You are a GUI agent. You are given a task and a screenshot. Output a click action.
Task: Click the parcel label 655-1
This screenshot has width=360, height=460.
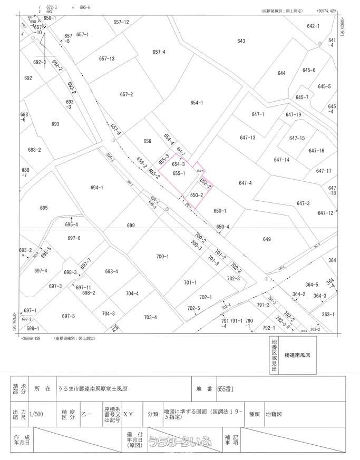(178, 173)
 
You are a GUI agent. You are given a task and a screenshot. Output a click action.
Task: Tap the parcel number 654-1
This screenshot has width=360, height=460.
(197, 103)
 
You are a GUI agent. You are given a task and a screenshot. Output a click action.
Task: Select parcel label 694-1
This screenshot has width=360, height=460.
(96, 187)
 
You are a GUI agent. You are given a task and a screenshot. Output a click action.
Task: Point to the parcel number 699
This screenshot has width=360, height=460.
(131, 225)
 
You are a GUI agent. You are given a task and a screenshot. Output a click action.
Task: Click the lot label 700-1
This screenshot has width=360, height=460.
(162, 257)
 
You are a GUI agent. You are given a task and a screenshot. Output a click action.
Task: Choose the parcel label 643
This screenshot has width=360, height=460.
(241, 41)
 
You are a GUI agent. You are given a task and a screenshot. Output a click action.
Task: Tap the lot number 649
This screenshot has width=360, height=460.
(267, 240)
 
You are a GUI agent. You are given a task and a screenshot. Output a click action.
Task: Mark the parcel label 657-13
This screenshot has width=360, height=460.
(107, 58)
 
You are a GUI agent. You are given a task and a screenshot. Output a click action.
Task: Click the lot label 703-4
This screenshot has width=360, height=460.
(150, 317)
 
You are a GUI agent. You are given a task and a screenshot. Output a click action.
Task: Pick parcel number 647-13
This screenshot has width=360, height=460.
(247, 138)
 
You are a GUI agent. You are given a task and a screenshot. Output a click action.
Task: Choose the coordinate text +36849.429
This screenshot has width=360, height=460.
(31, 338)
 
